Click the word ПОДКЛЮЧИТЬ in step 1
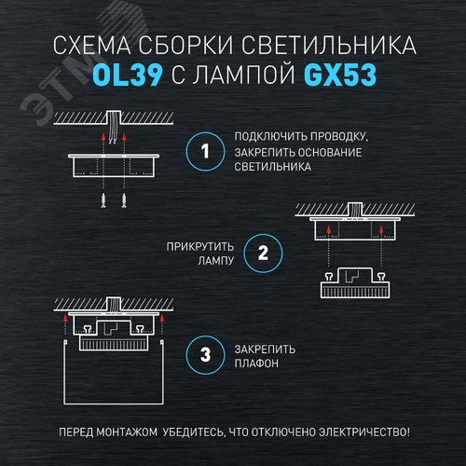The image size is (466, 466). coord(269,136)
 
